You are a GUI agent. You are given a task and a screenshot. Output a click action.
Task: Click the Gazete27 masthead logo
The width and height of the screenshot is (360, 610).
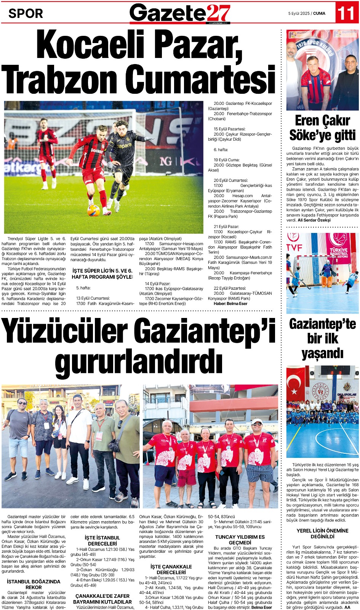click(180, 13)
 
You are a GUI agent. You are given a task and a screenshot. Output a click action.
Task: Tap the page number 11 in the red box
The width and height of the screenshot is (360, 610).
click(346, 13)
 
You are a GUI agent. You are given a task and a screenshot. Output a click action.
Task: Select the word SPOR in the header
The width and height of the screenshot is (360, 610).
click(26, 14)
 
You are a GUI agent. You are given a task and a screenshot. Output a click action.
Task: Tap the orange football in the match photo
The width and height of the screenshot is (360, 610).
click(93, 210)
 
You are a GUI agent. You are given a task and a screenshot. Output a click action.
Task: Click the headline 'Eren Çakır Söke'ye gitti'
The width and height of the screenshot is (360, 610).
click(322, 128)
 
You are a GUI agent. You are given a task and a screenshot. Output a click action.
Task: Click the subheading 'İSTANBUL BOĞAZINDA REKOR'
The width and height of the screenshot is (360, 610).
click(34, 584)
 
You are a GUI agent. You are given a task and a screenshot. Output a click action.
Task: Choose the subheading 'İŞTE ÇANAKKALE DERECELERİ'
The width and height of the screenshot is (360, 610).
click(171, 570)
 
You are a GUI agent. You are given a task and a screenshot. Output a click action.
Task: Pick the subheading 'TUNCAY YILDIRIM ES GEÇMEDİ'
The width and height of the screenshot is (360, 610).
click(240, 539)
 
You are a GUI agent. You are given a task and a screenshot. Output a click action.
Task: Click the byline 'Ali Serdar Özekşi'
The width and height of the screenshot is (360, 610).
click(314, 220)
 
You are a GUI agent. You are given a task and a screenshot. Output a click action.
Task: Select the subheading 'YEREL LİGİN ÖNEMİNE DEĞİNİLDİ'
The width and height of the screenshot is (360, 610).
click(322, 533)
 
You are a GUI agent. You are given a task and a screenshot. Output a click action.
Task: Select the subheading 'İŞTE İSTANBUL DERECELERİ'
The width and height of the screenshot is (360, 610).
click(102, 541)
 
